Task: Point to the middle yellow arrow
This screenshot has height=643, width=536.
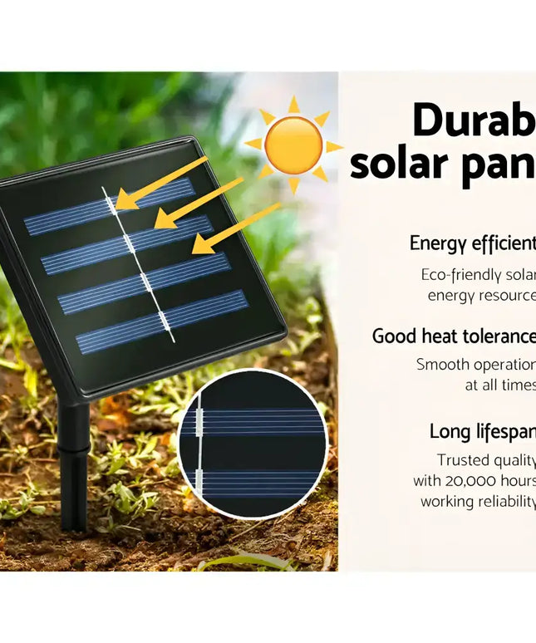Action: [199, 203]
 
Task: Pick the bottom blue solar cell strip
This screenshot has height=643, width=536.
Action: [162, 321]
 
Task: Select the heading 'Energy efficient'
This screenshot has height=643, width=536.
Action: [472, 243]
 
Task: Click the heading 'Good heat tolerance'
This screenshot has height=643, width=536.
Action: [454, 336]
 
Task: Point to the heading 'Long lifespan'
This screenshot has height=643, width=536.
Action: [482, 431]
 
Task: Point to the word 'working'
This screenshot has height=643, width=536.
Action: [447, 502]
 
